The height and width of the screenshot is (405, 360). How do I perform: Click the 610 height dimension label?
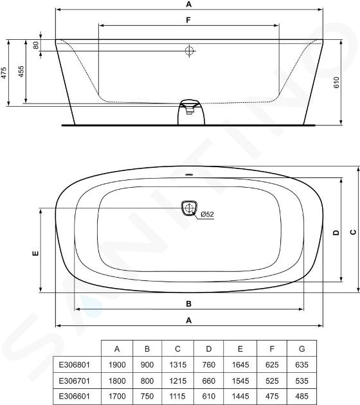(x=336, y=82)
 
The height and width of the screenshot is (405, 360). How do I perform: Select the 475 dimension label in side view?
(x=3, y=73)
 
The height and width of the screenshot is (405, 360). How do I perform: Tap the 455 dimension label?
(x=21, y=71)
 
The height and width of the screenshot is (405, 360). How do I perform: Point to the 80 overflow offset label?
(x=36, y=45)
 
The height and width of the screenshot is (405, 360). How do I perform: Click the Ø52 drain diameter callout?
(x=207, y=214)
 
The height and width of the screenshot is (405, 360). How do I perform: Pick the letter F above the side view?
(x=188, y=20)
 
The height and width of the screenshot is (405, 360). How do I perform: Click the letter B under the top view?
(x=189, y=303)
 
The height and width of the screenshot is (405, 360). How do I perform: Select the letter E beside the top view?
(x=35, y=253)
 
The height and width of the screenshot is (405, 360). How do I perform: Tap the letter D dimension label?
(x=336, y=233)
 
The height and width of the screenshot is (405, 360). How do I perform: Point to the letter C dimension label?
(x=354, y=232)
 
